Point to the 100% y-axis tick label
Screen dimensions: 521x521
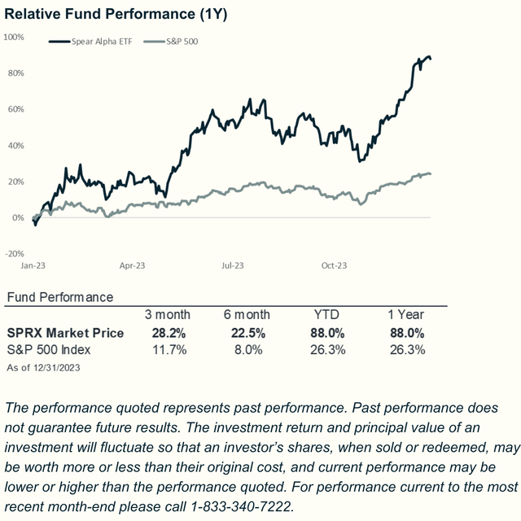coord(14,37)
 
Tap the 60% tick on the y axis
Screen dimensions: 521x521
coord(15,109)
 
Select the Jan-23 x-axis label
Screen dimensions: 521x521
coord(33,265)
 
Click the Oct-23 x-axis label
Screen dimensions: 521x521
coord(334,265)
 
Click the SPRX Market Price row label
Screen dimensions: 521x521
coord(65,332)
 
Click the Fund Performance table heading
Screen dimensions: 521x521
coord(59,297)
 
